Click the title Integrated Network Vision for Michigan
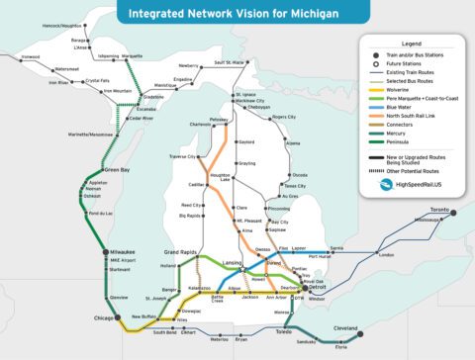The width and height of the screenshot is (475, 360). [237, 15]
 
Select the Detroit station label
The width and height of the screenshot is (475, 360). [317, 287]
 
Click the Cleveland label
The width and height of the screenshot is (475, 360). [345, 327]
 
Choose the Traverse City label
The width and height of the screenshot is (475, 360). [186, 157]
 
